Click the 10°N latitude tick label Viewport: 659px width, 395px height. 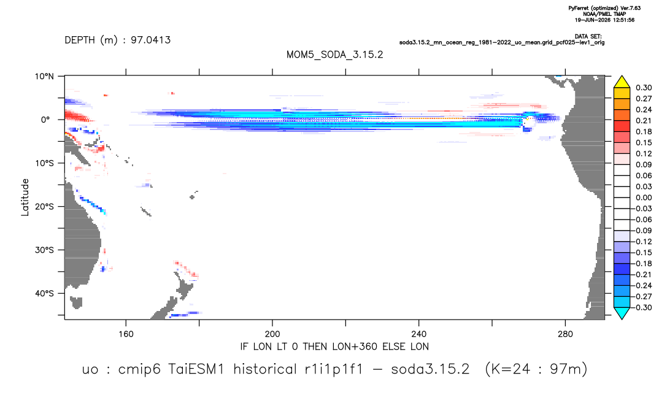(x=44, y=77)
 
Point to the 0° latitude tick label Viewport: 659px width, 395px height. (x=45, y=120)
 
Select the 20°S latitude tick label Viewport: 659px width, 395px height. (x=44, y=207)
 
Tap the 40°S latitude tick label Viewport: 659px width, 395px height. (x=44, y=293)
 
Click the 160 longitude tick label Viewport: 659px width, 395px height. (x=126, y=334)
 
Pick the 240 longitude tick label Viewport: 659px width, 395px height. (x=419, y=334)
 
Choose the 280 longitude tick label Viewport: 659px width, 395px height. (x=565, y=334)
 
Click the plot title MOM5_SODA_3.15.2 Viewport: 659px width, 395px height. (x=334, y=55)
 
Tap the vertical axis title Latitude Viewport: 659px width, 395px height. (x=25, y=197)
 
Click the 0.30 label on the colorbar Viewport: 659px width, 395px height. (x=644, y=88)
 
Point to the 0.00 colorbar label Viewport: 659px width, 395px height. (x=644, y=197)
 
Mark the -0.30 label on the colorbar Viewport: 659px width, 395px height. (x=642, y=307)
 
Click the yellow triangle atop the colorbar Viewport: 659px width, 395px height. (x=622, y=82)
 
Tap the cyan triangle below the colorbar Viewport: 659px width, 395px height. (x=622, y=313)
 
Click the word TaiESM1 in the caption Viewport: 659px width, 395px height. (x=198, y=369)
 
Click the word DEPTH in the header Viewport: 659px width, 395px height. (x=80, y=40)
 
